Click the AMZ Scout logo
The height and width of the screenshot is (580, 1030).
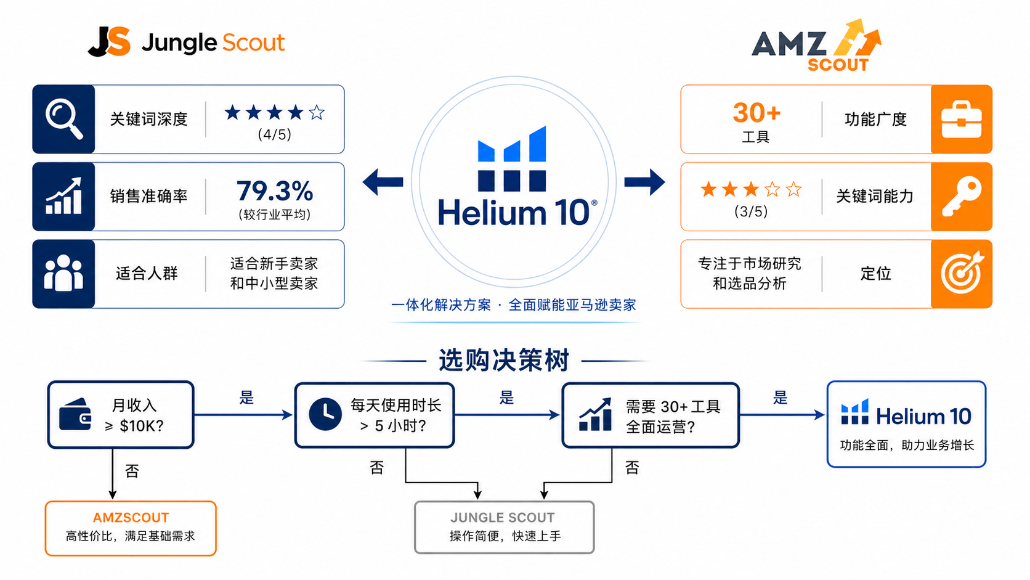816,45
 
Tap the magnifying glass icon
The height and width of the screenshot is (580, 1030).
64,119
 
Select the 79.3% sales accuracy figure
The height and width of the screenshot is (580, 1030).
275,191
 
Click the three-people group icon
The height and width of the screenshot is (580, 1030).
63,273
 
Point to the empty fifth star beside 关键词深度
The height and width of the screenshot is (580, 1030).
317,112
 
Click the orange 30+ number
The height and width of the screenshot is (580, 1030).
756,113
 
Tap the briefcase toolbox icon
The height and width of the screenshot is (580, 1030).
962,119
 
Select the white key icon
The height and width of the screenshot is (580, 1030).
962,197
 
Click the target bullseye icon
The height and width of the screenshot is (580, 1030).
962,273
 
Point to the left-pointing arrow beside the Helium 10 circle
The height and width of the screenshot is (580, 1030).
383,182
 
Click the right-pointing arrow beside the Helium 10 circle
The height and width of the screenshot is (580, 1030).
644,182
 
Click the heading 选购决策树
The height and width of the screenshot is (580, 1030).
504,360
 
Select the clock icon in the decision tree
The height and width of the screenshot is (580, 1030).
325,414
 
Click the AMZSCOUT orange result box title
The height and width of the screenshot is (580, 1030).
131,518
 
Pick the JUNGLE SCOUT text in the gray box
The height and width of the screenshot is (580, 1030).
503,518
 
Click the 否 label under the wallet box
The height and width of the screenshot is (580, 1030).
132,471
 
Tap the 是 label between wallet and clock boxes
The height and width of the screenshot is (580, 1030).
246,398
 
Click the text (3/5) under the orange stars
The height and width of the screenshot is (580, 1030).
751,211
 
